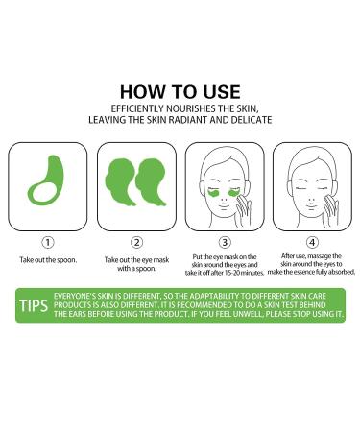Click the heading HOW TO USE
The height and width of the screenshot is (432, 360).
click(x=180, y=92)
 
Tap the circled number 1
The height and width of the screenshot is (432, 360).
click(x=48, y=242)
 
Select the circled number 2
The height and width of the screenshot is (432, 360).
click(x=136, y=242)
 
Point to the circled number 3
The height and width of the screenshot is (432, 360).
click(x=225, y=242)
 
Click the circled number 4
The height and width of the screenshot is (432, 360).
click(x=312, y=242)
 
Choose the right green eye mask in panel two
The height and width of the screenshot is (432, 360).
click(x=151, y=180)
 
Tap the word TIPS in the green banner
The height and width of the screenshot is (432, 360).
click(x=34, y=306)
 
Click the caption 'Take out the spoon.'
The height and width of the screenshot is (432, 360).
click(x=48, y=260)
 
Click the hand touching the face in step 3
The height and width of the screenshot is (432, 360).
click(x=243, y=209)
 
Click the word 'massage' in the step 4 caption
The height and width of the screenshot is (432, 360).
click(x=320, y=256)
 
